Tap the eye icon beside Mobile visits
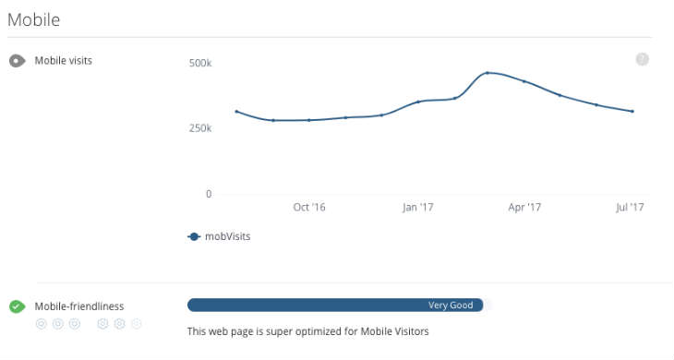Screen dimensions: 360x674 [x=17, y=61]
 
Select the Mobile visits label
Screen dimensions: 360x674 [x=64, y=61]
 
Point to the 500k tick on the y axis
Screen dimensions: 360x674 [x=200, y=64]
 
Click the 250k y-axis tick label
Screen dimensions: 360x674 [x=200, y=128]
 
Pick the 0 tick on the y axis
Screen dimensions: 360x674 [x=209, y=194]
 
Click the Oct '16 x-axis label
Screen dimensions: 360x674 [x=309, y=208]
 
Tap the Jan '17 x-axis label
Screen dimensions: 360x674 [x=417, y=208]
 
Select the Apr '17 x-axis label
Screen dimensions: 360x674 [x=524, y=208]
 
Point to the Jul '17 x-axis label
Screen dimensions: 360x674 [x=630, y=208]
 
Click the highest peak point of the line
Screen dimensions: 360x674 [x=487, y=72]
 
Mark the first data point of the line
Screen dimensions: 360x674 [x=236, y=112]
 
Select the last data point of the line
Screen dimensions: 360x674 [x=632, y=112]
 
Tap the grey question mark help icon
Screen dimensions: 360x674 [x=643, y=59]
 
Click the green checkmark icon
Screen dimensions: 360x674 [x=17, y=306]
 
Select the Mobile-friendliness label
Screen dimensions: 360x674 [x=79, y=306]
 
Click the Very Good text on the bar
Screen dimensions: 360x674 [x=451, y=306]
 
